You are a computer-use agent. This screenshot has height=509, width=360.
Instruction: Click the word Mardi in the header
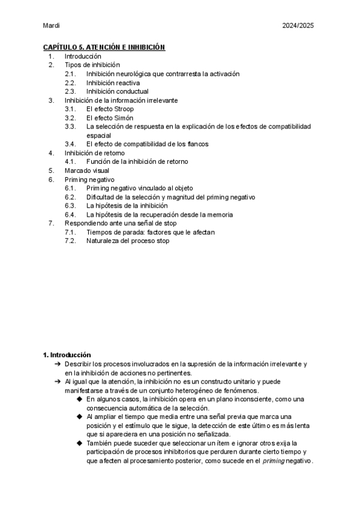52,26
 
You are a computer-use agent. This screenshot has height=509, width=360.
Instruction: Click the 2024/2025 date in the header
298,26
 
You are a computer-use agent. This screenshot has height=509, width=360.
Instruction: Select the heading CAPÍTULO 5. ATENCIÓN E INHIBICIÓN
104,47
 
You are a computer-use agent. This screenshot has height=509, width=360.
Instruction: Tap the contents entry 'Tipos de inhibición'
92,65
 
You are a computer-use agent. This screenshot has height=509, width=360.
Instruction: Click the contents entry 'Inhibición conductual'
118,92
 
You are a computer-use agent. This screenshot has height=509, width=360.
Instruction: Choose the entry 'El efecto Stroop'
110,109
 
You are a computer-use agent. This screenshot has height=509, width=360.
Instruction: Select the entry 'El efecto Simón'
110,118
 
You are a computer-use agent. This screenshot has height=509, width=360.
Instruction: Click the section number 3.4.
70,145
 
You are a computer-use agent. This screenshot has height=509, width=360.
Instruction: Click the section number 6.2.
70,197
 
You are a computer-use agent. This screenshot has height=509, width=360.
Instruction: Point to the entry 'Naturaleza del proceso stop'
128,241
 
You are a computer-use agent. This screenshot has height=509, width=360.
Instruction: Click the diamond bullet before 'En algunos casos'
80,399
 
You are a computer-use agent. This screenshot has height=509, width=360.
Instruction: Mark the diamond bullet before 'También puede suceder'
80,443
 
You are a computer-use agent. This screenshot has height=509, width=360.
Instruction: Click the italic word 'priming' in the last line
274,461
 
